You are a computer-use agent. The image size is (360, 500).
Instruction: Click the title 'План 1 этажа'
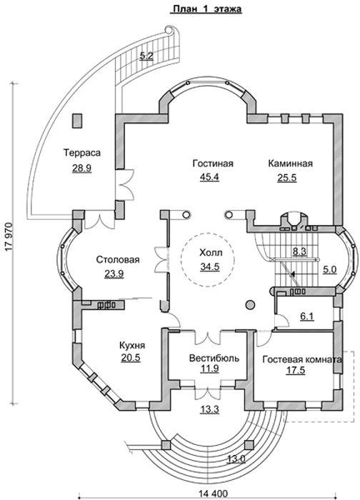click(206, 9)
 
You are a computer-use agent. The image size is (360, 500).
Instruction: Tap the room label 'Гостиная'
click(213, 164)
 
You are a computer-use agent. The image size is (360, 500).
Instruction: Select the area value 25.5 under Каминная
click(286, 177)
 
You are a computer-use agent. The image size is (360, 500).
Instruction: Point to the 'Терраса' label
click(82, 153)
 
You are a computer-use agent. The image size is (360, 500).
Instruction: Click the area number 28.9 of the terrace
click(81, 168)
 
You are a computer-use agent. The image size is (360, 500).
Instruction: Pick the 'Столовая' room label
click(118, 259)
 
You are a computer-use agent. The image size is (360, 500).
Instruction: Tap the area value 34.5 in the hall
click(210, 266)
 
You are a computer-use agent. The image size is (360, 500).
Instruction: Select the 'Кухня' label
click(132, 346)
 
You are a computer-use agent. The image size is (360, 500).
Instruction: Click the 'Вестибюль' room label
click(214, 358)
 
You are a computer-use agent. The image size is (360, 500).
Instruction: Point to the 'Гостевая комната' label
click(302, 360)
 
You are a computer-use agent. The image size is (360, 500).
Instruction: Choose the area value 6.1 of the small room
click(307, 316)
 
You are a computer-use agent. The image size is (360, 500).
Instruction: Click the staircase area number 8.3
click(299, 251)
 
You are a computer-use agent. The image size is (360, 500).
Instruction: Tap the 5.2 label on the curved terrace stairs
click(146, 56)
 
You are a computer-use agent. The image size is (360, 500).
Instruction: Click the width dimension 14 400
click(209, 494)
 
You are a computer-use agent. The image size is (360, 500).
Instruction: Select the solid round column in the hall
click(250, 305)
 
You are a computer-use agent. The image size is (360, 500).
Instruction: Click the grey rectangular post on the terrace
click(77, 121)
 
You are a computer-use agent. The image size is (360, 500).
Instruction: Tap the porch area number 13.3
click(210, 409)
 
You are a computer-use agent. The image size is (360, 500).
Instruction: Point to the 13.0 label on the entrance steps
click(236, 459)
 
